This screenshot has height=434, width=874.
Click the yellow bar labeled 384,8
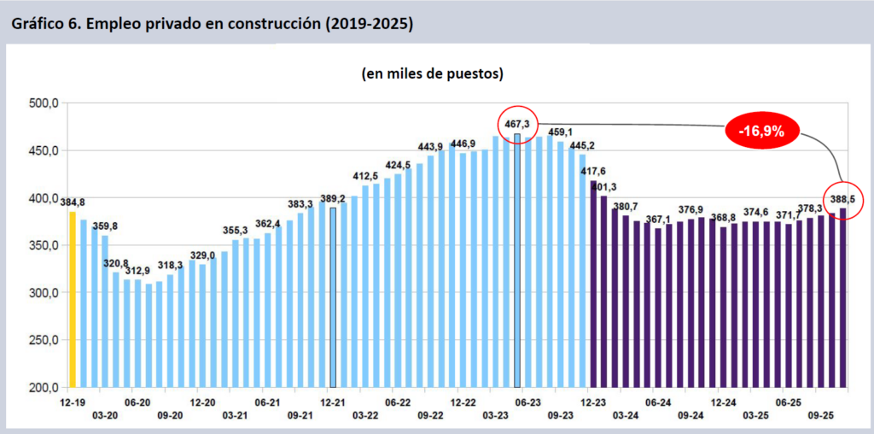tap(73, 299)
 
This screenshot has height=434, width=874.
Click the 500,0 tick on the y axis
tap(43, 103)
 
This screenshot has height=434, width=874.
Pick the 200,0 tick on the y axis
tap(43, 387)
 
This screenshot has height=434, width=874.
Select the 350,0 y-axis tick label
tap(43, 245)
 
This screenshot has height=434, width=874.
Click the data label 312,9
tap(137, 271)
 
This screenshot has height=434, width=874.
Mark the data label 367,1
tap(658, 220)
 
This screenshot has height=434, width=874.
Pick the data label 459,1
tap(561, 132)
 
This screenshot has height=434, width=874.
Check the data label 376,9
tap(690, 209)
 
